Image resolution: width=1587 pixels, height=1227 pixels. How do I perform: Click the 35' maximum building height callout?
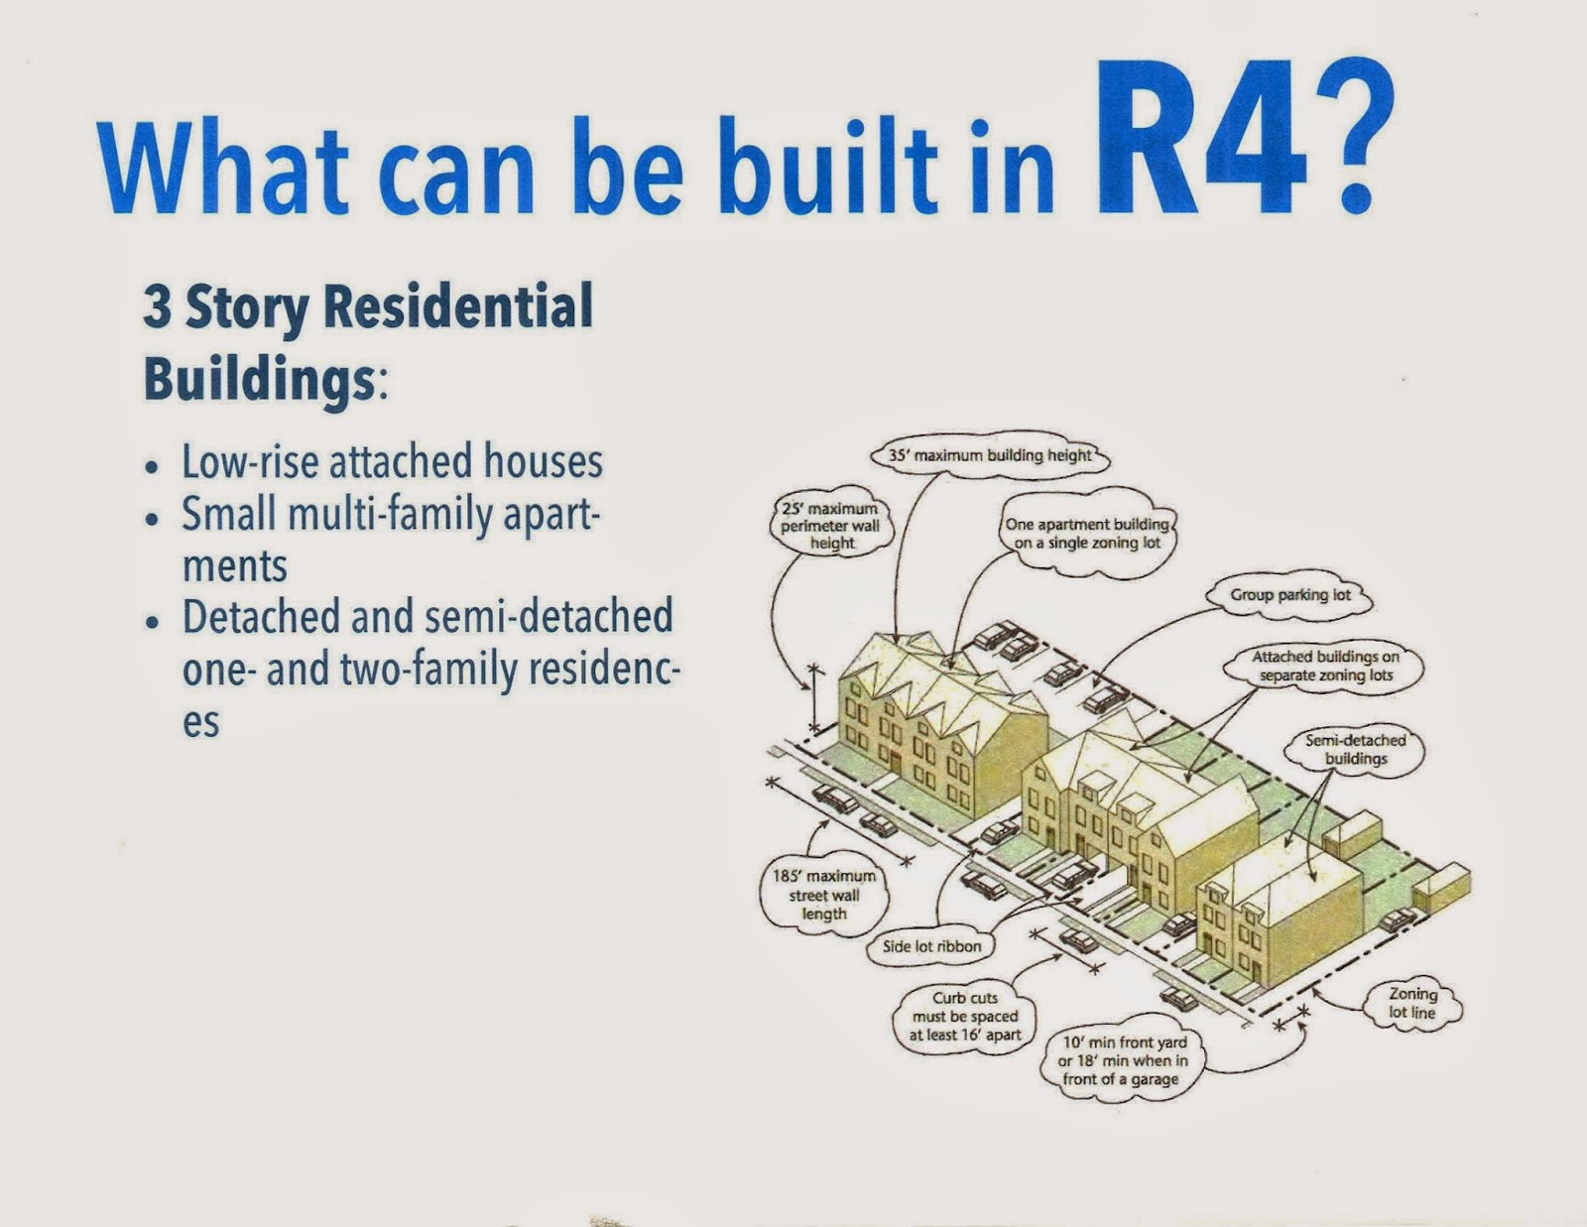point(990,455)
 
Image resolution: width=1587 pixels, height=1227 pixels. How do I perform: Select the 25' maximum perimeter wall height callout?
point(831,526)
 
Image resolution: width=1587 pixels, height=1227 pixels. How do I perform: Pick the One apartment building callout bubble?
point(1087,535)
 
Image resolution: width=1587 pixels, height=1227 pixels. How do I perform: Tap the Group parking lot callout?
point(1290,595)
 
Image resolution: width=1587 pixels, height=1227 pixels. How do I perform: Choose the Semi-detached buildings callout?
point(1355,750)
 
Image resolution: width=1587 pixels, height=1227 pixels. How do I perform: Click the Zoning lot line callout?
point(1412,1004)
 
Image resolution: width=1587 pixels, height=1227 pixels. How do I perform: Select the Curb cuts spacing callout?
point(964,1016)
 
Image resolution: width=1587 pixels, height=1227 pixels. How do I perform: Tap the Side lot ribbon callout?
point(932,946)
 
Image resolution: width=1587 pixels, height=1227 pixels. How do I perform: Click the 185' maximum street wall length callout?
point(824,895)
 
